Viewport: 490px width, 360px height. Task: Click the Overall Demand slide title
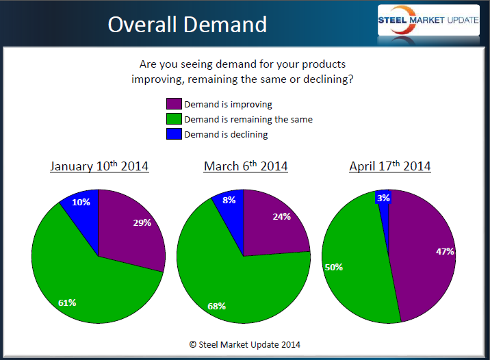[187, 25]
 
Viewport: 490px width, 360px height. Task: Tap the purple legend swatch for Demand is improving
[174, 104]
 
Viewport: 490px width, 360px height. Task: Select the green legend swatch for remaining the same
[174, 119]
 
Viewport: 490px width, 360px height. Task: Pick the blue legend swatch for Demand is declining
[174, 134]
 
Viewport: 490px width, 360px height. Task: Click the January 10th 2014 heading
[99, 166]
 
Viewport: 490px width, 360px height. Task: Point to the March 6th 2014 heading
[246, 166]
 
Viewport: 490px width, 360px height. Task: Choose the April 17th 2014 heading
[390, 166]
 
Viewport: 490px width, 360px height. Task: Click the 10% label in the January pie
[81, 202]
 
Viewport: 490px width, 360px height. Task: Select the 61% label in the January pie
[67, 302]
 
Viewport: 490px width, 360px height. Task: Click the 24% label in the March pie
[282, 216]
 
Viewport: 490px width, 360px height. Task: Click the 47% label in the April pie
[445, 251]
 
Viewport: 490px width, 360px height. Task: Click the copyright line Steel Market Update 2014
[245, 344]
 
